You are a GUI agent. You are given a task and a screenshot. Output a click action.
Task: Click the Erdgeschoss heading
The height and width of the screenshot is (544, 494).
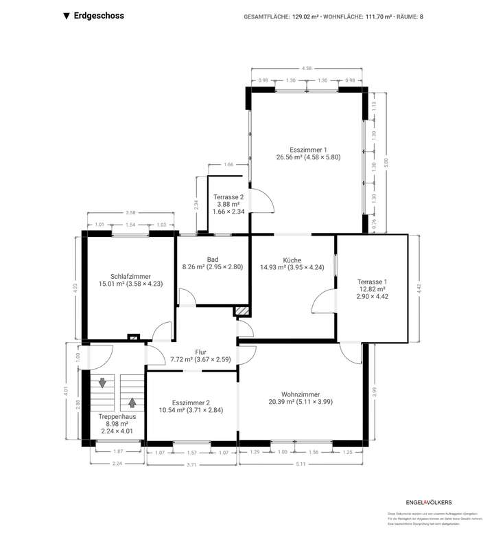(x=98, y=16)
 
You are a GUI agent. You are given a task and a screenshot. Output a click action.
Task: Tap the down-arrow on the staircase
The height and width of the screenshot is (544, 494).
(x=103, y=383)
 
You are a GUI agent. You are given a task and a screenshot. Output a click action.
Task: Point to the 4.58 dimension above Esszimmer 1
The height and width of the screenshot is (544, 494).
(x=307, y=68)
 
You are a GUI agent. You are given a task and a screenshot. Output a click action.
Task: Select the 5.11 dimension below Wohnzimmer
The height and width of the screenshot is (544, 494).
(x=301, y=465)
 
